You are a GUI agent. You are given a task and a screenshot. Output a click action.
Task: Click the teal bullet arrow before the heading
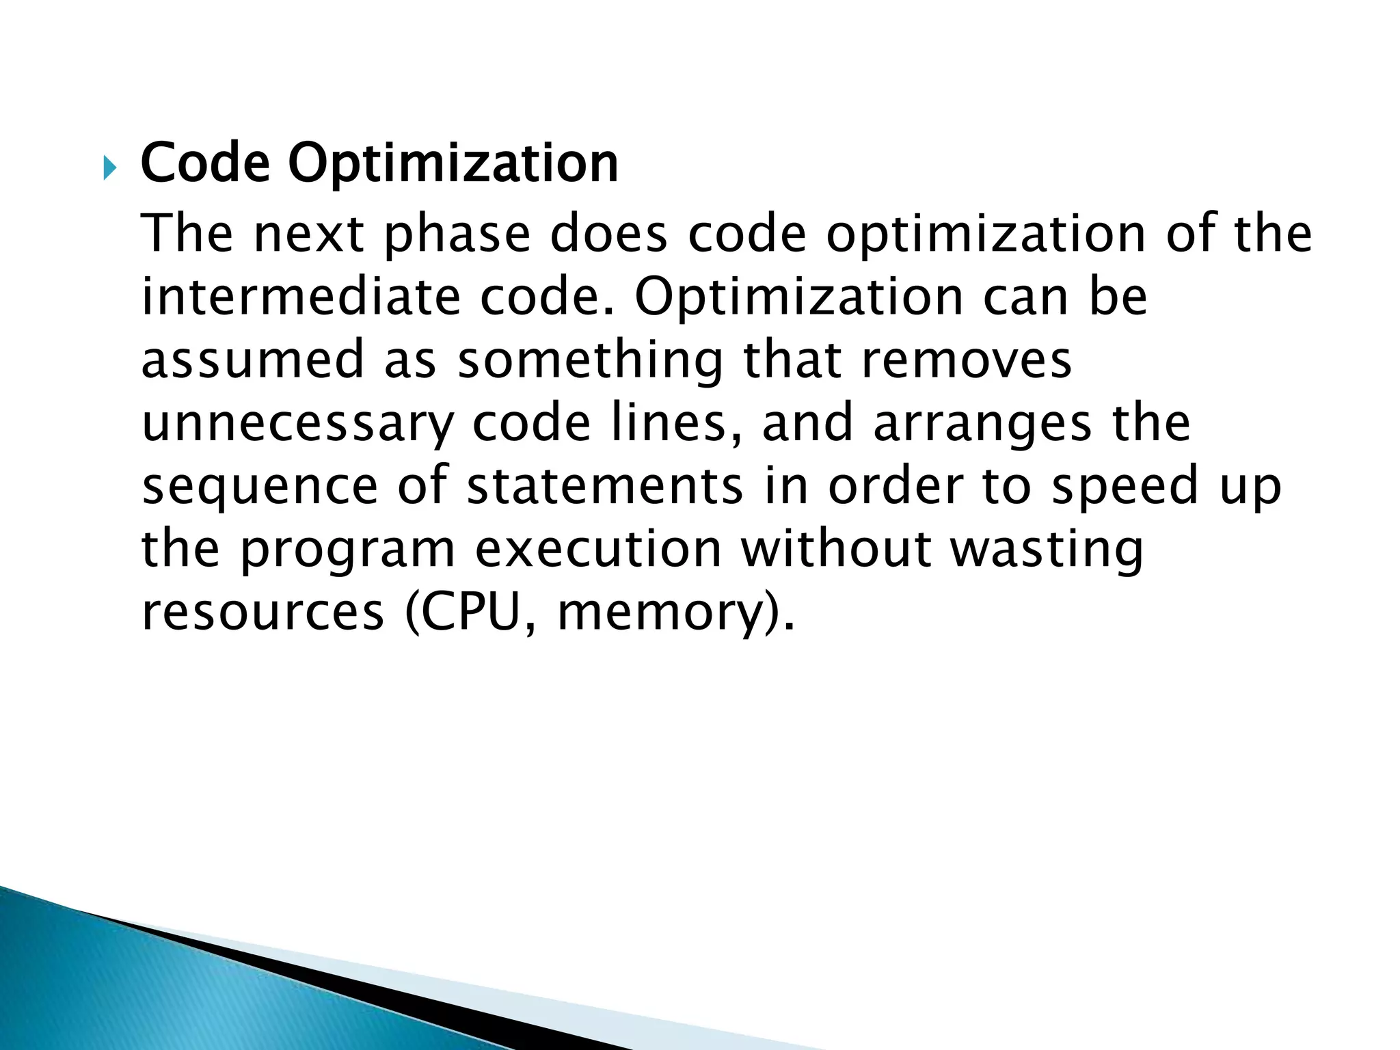pos(109,167)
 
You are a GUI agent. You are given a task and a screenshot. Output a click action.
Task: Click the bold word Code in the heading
pos(205,163)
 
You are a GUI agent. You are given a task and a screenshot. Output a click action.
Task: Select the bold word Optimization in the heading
pos(453,165)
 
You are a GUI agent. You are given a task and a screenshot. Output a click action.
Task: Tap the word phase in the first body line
pos(457,234)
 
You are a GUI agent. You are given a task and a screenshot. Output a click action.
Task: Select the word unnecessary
pos(297,424)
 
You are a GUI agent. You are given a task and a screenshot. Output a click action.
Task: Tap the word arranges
pos(982,424)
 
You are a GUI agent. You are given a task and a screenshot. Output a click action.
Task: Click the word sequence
pos(260,487)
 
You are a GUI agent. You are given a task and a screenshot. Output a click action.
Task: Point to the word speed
pos(1125,485)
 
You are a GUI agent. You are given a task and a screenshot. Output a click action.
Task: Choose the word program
pos(348,550)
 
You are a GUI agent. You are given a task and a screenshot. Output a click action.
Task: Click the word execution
pos(598,548)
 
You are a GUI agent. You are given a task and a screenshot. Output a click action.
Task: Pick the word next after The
pos(308,234)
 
